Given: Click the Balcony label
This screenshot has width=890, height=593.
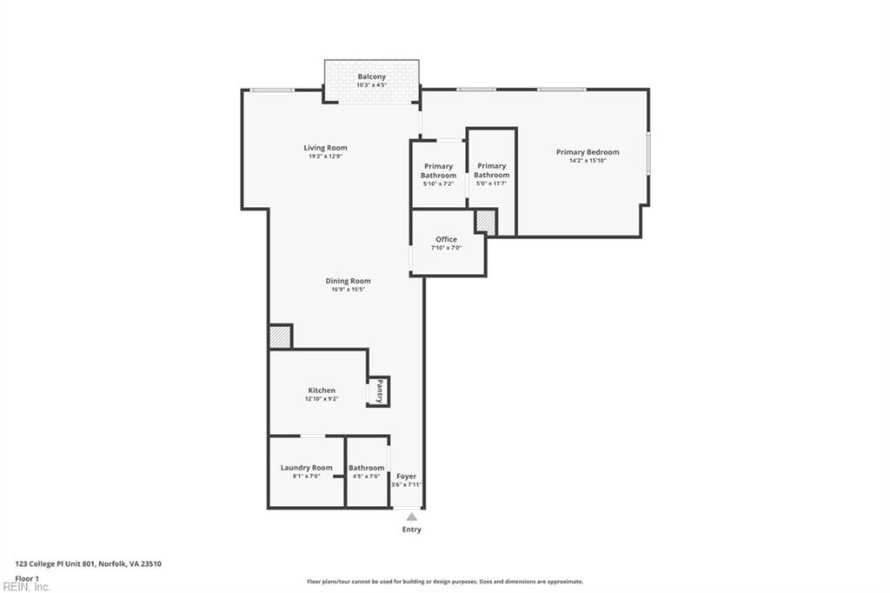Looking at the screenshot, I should point(371,77).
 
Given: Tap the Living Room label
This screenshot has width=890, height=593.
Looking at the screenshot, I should point(325,148).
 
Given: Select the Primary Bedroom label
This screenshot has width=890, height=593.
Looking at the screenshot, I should point(588,152).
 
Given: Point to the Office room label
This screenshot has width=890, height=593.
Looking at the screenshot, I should point(446,239).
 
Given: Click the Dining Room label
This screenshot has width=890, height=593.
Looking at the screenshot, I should point(348,281).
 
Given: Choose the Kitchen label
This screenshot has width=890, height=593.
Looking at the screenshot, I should point(321,390).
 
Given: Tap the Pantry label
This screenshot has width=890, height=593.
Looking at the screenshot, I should point(380,391).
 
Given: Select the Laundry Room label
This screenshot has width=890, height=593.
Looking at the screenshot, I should point(306,468).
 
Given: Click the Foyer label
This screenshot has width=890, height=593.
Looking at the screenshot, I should point(406,476).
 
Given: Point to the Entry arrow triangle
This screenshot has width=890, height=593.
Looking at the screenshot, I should point(411,517).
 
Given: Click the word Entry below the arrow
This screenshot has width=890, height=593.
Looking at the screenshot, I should point(411,530).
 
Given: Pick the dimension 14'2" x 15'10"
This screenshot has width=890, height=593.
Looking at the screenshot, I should point(588,161).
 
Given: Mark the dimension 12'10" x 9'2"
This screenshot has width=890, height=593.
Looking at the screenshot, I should point(321,399).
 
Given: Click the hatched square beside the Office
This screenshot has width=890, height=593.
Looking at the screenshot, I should point(485,223).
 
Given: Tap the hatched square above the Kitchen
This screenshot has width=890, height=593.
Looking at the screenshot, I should point(279,336).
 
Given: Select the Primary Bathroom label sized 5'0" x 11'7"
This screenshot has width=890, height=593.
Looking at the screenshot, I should point(491,170).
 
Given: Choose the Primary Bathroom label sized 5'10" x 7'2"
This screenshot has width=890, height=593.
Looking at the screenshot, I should point(438,170).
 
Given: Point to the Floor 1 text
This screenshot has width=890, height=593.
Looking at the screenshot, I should point(27,578).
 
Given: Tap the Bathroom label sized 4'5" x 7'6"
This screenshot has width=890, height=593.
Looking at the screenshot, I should point(366,468).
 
